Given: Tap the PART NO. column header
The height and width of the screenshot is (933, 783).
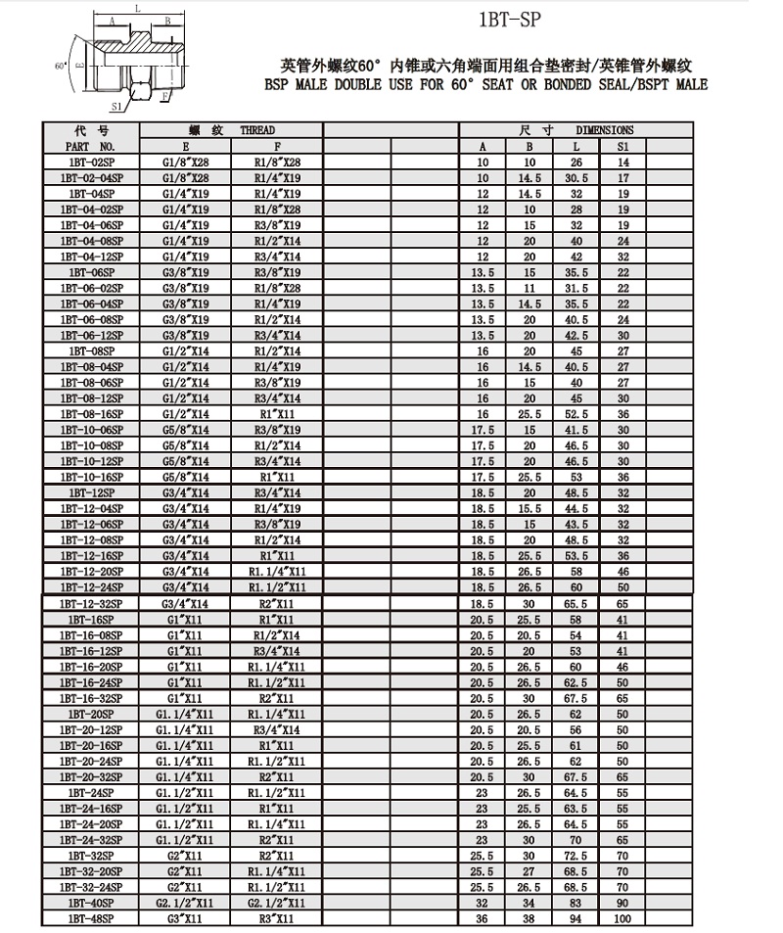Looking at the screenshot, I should pos(90,145).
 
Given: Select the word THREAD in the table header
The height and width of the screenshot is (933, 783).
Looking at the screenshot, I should pos(258,130).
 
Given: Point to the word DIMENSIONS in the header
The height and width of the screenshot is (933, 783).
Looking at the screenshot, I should pos(604,130).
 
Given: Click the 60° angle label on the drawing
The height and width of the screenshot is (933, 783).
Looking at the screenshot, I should pos(61,65).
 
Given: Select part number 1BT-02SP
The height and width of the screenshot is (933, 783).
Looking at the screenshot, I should pos(90,162).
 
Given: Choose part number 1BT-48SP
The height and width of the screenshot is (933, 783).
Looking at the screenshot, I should pos(90,919).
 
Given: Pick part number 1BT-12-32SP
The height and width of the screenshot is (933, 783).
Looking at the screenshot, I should pos(90,605).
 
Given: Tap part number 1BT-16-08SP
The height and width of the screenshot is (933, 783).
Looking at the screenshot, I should pos(90,634).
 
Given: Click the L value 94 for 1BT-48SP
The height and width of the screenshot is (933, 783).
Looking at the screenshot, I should pos(576,919).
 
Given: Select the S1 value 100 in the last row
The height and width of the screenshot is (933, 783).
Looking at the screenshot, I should pos(623,919).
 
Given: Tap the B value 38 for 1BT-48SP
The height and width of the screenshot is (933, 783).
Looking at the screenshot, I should pos(530,919).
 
